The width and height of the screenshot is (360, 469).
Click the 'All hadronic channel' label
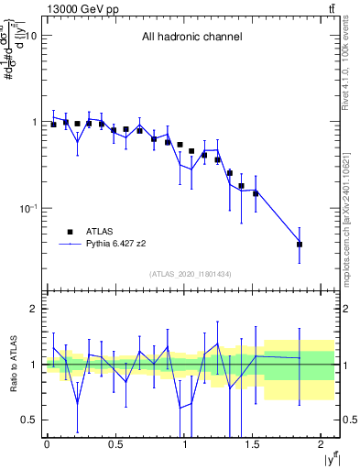pos(191,38)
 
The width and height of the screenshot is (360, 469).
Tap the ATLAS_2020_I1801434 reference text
pos(190,275)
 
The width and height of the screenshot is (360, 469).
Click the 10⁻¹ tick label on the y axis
pos(28,208)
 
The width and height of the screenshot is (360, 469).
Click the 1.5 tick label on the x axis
pos(254,446)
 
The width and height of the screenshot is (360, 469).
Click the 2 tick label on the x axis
pos(323,446)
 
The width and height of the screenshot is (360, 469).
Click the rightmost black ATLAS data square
pos(300,245)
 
